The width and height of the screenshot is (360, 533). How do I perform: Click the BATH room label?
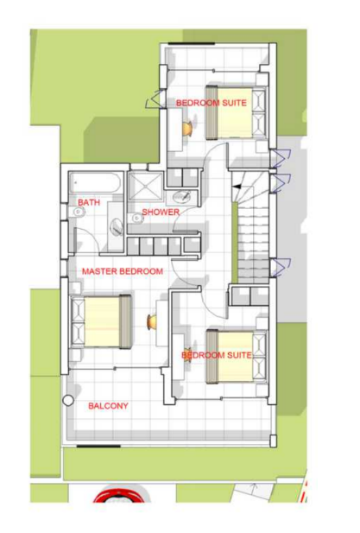[x=89, y=203]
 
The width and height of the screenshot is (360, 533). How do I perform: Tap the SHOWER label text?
[x=161, y=213]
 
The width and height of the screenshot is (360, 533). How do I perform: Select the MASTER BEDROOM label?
[x=123, y=271]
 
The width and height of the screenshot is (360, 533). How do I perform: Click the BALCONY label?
[x=108, y=406]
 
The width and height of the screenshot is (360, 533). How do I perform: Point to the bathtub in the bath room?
[x=95, y=183]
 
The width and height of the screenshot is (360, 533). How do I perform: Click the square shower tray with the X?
[x=146, y=186]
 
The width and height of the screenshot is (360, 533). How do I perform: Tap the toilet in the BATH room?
[x=78, y=213]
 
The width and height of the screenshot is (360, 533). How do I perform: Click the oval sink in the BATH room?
[x=117, y=225]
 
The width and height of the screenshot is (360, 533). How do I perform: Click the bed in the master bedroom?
[x=101, y=322]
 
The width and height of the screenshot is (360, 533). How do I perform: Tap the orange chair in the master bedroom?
[x=151, y=322]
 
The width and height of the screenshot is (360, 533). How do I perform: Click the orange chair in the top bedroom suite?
[x=187, y=129]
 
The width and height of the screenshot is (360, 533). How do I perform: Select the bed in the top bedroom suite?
[x=236, y=113]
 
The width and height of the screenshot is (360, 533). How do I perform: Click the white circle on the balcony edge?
[x=68, y=401]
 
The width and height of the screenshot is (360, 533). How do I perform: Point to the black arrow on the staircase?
[x=236, y=187]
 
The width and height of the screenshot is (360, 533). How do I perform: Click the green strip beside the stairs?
[x=234, y=242]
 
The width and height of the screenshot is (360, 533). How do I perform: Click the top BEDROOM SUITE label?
[x=212, y=103]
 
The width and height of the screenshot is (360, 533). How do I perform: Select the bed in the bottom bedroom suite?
[x=237, y=356]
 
